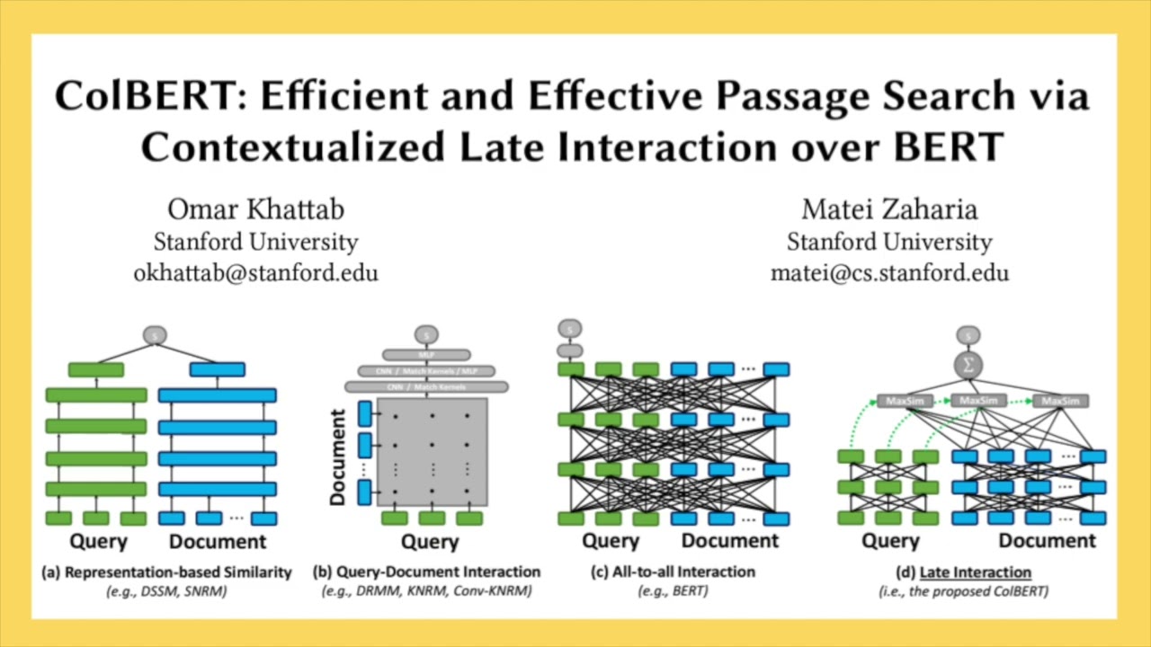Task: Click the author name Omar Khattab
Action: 255,210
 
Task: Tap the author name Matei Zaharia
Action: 889,210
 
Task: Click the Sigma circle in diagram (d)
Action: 968,364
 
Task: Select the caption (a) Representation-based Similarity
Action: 166,572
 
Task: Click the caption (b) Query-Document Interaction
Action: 426,572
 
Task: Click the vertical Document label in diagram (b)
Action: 338,457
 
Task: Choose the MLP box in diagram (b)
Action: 426,355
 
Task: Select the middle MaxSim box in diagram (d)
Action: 978,401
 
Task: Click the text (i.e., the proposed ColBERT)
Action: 963,591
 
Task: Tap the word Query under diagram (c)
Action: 610,541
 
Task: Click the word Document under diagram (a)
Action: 218,541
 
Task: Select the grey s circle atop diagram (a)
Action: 155,335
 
